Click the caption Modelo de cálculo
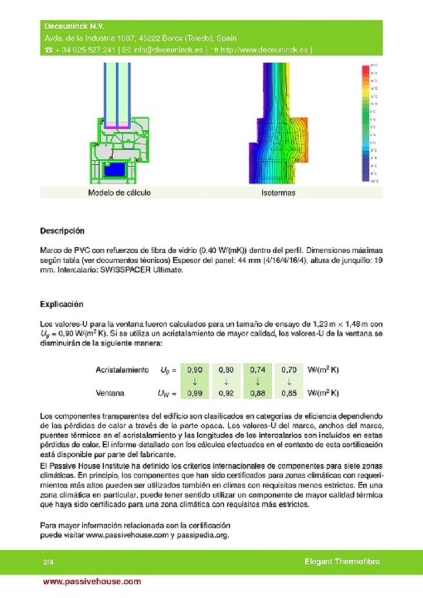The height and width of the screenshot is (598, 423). (119, 192)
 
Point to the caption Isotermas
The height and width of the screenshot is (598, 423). (278, 192)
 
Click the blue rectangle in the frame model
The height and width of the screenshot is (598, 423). (114, 170)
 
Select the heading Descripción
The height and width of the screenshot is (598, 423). (62, 231)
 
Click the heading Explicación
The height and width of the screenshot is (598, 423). (62, 304)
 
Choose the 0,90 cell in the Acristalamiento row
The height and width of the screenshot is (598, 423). (194, 370)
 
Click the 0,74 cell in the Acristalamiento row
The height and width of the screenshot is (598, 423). (258, 370)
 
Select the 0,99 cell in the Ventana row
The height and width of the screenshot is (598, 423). (194, 393)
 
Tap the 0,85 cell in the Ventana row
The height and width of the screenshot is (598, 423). (289, 393)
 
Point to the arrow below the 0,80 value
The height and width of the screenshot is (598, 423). (226, 381)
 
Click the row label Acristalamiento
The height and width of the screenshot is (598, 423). (121, 370)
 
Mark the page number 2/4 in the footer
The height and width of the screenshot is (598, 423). (49, 562)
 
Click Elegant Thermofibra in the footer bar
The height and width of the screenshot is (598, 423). (341, 562)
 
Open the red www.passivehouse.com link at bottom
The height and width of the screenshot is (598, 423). (92, 582)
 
